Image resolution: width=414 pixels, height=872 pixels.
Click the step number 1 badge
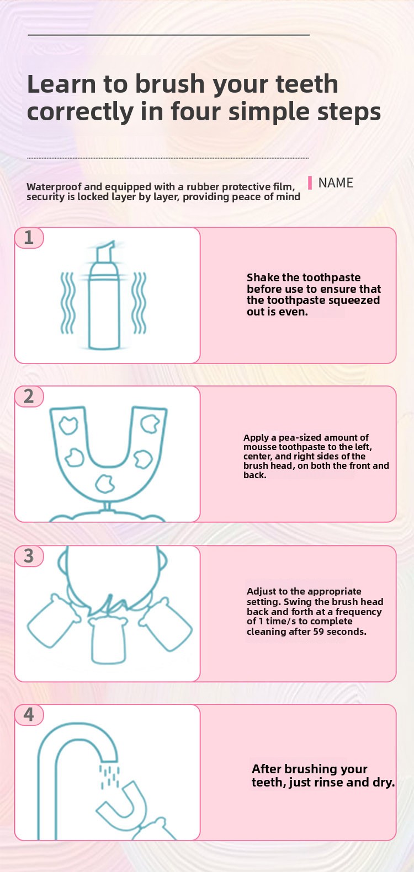pyautogui.click(x=29, y=238)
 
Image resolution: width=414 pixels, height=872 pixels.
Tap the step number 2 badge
pyautogui.click(x=29, y=397)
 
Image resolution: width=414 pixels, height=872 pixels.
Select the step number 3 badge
pyautogui.click(x=29, y=557)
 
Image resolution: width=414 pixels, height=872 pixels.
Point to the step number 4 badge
pyautogui.click(x=29, y=715)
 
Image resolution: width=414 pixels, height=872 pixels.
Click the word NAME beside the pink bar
pyautogui.click(x=336, y=183)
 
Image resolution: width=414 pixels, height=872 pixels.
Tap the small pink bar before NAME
pyautogui.click(x=310, y=183)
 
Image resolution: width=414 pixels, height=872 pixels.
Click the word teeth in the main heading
pyautogui.click(x=306, y=84)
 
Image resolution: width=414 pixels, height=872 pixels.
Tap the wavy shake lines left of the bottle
pyautogui.click(x=67, y=303)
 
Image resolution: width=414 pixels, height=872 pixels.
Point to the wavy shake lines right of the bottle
pyautogui.click(x=140, y=303)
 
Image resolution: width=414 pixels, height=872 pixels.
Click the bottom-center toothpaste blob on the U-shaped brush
pyautogui.click(x=105, y=484)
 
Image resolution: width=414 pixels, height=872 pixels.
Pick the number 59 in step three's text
pyautogui.click(x=319, y=632)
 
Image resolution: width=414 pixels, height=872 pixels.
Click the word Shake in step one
pyautogui.click(x=263, y=277)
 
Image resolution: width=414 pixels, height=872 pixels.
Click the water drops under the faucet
pyautogui.click(x=110, y=777)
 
